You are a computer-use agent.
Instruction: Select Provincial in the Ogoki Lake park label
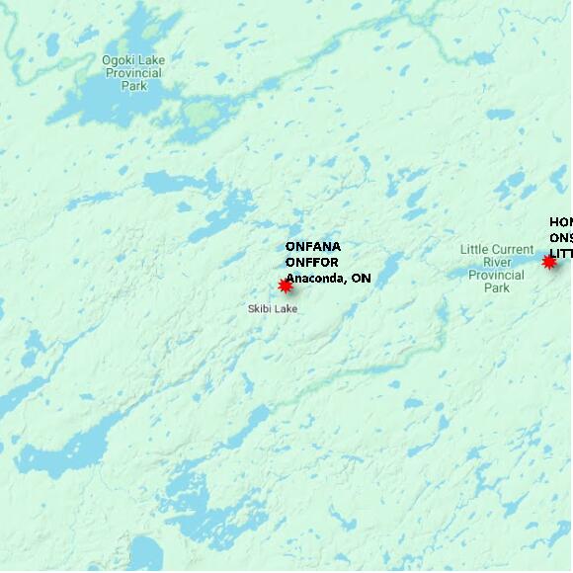tap(133, 73)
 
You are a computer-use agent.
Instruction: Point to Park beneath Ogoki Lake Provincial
tap(133, 86)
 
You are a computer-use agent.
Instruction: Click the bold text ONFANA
tap(312, 246)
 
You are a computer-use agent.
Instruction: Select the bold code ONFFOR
tap(312, 262)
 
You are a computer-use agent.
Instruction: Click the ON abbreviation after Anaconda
tap(362, 278)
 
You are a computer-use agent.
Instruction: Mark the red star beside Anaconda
tap(286, 286)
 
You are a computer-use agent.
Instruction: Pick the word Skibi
tap(260, 309)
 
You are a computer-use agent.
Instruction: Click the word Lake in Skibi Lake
tap(286, 309)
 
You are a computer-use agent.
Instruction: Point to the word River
tap(497, 262)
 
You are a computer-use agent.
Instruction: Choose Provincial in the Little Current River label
tap(497, 275)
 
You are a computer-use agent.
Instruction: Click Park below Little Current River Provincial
tap(497, 287)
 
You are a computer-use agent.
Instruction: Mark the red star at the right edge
tap(549, 262)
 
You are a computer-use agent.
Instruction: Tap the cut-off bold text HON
tap(560, 222)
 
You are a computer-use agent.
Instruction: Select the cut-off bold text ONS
tap(560, 238)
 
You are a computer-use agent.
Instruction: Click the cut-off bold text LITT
tap(560, 254)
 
